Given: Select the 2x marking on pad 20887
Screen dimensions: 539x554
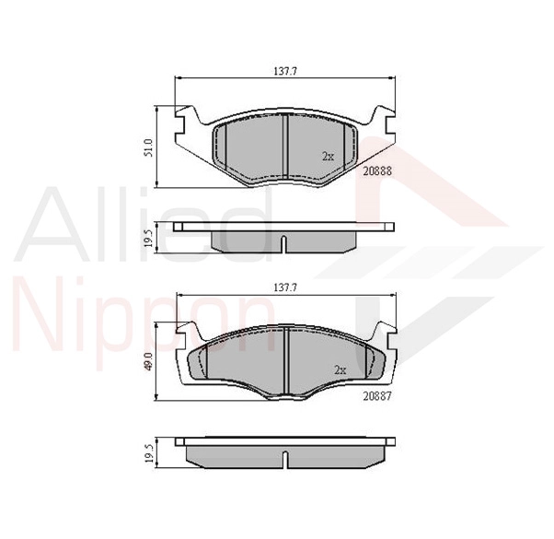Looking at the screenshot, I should click(340, 369).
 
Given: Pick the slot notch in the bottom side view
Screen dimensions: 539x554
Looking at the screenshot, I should click(285, 459).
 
